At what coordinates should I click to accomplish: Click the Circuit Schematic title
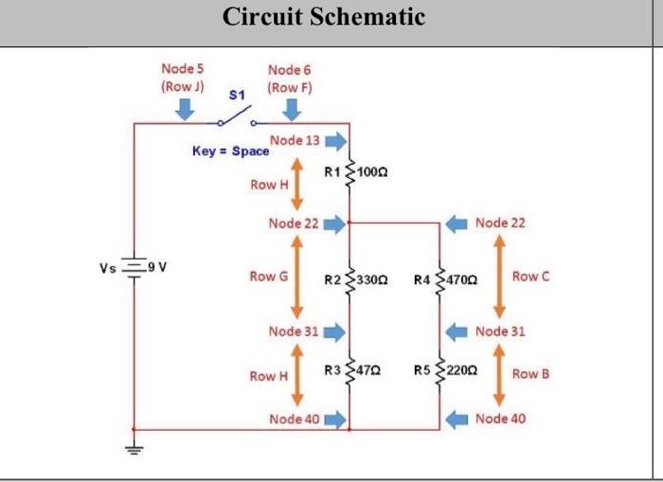[x=324, y=17]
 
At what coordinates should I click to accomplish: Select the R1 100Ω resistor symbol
[x=350, y=172]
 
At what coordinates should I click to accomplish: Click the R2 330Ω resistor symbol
[x=350, y=279]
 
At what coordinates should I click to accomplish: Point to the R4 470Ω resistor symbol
[x=440, y=279]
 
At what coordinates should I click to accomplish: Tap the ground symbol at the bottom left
[x=135, y=449]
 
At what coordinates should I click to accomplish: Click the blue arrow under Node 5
[x=184, y=110]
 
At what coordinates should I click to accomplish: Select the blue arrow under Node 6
[x=291, y=110]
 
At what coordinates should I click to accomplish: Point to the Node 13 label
[x=295, y=141]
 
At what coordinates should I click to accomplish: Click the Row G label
[x=263, y=277]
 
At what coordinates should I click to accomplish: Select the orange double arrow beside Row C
[x=498, y=276]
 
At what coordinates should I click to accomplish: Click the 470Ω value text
[x=466, y=280]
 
